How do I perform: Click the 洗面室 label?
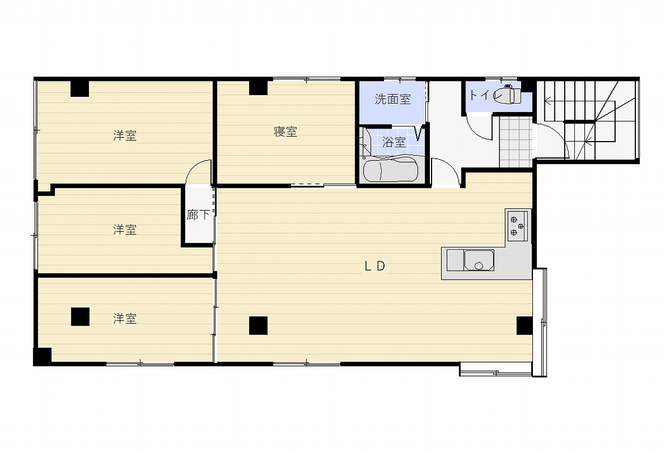(392, 99)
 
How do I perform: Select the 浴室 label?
(394, 142)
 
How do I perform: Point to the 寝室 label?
(285, 131)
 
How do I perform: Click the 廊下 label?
(198, 215)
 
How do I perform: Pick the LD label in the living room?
(375, 266)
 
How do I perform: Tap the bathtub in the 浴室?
(390, 170)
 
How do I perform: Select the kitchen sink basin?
(479, 260)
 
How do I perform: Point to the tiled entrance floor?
(516, 142)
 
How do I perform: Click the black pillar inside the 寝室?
(258, 87)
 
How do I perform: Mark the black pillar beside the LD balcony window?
(524, 326)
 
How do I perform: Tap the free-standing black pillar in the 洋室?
(80, 317)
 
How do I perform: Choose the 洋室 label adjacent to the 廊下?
(125, 229)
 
